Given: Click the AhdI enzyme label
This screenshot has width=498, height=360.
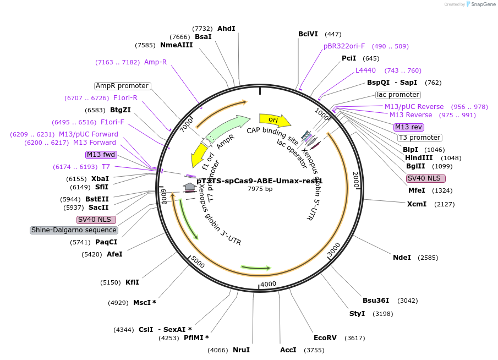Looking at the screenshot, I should (x=226, y=29).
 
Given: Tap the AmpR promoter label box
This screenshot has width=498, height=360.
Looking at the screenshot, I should (x=122, y=86).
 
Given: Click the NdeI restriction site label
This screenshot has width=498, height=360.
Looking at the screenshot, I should (x=402, y=257).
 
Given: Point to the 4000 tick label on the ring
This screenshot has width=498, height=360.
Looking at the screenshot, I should (x=268, y=283).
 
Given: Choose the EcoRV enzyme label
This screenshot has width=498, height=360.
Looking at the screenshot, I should (x=325, y=337).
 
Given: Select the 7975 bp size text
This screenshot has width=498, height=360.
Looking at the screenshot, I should (x=260, y=189).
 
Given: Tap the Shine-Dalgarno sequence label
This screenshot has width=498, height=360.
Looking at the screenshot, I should (x=74, y=230).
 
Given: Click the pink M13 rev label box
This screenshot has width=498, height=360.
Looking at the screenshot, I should (x=409, y=127).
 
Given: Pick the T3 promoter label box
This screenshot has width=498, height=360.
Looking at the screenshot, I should (x=419, y=138).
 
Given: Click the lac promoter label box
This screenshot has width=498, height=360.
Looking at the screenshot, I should (x=398, y=95).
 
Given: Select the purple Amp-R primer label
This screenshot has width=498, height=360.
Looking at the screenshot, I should (x=155, y=62).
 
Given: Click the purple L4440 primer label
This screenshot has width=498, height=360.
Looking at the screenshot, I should (x=365, y=70).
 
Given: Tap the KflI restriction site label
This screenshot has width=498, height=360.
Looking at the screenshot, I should (x=132, y=282).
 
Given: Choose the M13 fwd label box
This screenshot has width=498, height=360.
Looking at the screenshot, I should (x=101, y=154).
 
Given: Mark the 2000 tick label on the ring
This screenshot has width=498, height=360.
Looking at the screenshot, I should (x=355, y=180).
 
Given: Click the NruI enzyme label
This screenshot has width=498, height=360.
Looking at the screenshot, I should (x=241, y=350).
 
